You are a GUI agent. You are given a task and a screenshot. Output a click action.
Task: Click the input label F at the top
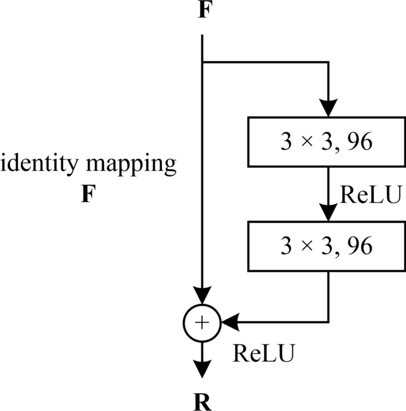[202, 11]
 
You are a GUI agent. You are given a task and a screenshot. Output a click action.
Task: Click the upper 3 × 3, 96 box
[327, 142]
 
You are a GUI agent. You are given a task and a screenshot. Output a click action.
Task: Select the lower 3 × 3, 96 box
[327, 246]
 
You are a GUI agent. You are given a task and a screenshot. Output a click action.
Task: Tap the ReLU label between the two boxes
[365, 194]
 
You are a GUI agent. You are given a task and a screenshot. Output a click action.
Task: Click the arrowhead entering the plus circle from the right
[227, 323]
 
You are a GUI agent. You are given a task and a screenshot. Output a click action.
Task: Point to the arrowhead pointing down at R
[202, 369]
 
